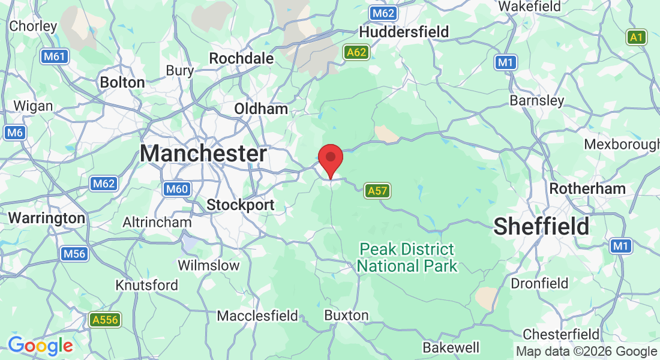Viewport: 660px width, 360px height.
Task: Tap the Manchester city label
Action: pyautogui.click(x=203, y=154)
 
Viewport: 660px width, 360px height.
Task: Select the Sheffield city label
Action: pyautogui.click(x=541, y=226)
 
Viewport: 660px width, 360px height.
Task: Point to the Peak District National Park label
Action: pyautogui.click(x=407, y=257)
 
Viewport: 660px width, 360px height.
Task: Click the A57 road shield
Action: pyautogui.click(x=378, y=191)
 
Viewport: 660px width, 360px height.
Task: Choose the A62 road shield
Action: pyautogui.click(x=356, y=52)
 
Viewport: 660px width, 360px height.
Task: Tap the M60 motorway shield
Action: pyautogui.click(x=176, y=190)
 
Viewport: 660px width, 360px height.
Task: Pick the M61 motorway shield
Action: pyautogui.click(x=55, y=57)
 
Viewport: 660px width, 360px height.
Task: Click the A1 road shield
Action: pyautogui.click(x=637, y=37)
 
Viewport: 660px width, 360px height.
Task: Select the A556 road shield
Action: pyautogui.click(x=104, y=320)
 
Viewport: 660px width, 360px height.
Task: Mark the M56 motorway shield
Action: pyautogui.click(x=74, y=254)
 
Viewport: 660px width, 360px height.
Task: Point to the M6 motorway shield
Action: pyautogui.click(x=15, y=133)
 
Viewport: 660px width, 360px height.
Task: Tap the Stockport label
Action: pyautogui.click(x=241, y=205)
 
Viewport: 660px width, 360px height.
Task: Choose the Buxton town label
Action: pyautogui.click(x=346, y=315)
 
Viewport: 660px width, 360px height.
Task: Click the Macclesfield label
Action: pyautogui.click(x=257, y=315)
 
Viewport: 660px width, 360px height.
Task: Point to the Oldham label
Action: pyautogui.click(x=261, y=109)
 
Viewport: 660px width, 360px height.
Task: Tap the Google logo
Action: pyautogui.click(x=40, y=346)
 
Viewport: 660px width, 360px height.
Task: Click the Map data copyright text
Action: pyautogui.click(x=586, y=352)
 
